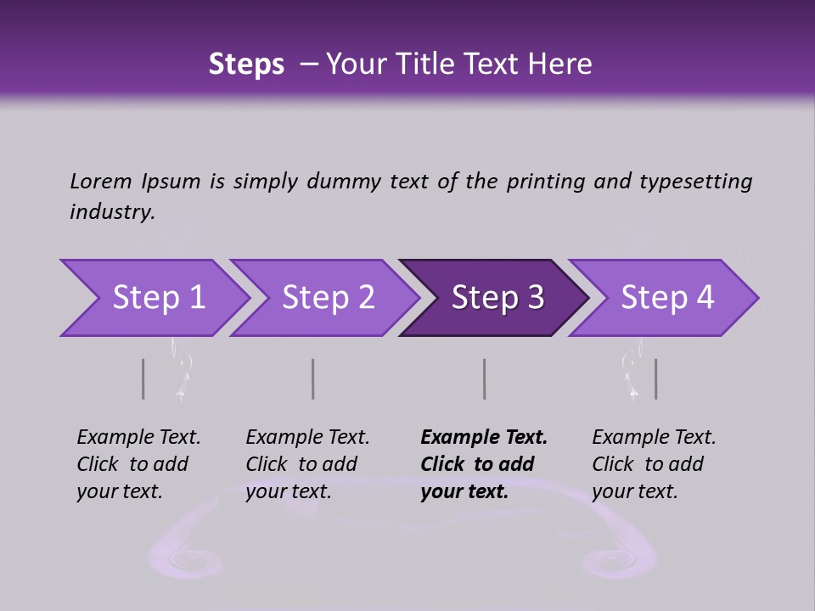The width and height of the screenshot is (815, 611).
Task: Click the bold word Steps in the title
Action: coord(246,64)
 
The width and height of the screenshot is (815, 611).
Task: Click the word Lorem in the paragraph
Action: coord(101,181)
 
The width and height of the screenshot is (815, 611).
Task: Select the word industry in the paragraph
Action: coord(111,211)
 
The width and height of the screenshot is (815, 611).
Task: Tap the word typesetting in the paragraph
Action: coord(695,181)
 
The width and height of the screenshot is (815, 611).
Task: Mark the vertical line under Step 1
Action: coord(143,378)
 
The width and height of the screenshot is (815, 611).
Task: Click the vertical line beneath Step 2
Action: coord(313,378)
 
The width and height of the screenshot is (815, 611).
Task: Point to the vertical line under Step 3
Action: coord(484,378)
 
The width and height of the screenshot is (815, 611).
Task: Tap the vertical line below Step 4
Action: coord(655,378)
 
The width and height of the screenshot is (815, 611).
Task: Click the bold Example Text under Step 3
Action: coord(484,438)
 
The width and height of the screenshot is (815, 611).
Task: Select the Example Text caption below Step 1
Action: coord(138,438)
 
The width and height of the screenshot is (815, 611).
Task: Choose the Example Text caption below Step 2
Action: coord(307,438)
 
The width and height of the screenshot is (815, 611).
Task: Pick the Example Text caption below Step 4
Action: coord(654,438)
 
